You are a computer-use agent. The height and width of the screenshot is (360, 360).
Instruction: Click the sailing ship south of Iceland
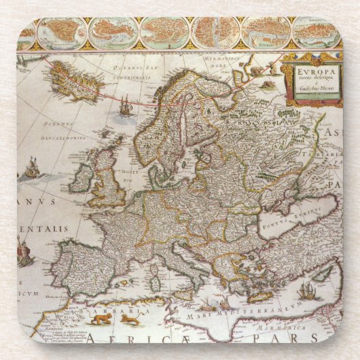(x=125, y=105)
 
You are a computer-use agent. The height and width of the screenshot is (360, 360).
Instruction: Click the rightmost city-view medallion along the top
(x=317, y=32)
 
